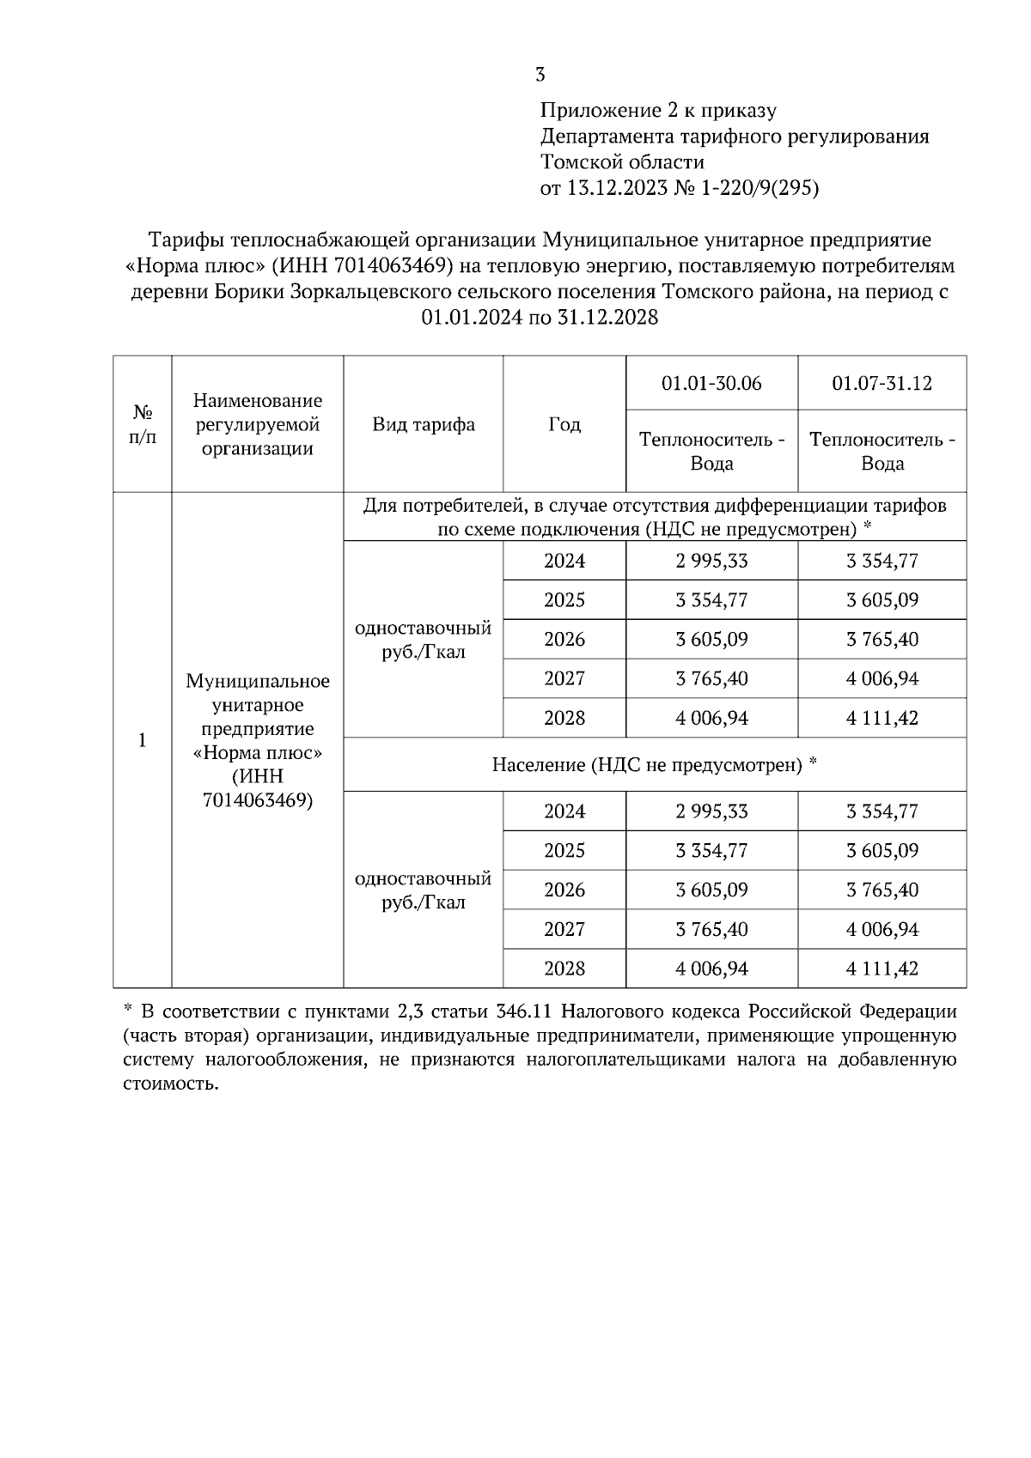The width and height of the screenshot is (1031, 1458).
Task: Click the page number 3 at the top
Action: coord(540,75)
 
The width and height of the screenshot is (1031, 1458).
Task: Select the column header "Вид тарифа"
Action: coord(423,424)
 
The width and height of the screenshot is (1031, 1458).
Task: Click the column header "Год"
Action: coord(564,424)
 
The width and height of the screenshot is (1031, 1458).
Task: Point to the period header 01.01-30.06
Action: coord(711,383)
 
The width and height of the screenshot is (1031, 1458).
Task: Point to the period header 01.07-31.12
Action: coord(882,383)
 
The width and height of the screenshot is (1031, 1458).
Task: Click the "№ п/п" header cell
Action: coord(143,424)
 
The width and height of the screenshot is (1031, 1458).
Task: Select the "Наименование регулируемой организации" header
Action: coord(257,424)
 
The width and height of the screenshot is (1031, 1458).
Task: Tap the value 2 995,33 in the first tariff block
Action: coord(711,561)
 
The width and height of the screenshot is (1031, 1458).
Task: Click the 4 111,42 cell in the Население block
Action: coord(882,969)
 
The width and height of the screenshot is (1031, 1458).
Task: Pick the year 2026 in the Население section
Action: coord(564,890)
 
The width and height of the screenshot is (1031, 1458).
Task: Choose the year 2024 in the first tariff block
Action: coord(564,561)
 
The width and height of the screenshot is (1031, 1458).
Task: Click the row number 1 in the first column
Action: coord(143,740)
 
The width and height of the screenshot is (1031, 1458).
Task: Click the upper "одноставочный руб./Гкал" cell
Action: coord(423,639)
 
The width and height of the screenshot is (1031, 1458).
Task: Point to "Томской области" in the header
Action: coord(622,162)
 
